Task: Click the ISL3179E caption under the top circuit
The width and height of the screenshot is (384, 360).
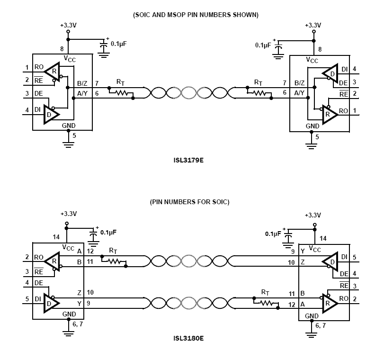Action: coord(188,160)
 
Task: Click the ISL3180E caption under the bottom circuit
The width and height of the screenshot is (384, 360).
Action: coord(188,339)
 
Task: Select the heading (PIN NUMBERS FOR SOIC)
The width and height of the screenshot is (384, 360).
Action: coord(189,202)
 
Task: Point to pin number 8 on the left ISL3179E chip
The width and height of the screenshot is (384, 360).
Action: coord(62,48)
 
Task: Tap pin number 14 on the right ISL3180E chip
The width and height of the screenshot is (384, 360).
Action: coord(324,238)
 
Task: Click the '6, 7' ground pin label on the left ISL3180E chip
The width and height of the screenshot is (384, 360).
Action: coord(77,325)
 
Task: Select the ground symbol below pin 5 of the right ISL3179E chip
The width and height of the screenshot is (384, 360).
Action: coord(311,145)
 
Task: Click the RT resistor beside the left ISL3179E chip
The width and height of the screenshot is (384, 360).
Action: coord(119,93)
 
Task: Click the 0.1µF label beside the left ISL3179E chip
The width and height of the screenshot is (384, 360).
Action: coord(118,43)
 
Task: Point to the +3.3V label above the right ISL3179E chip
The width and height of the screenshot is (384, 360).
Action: coord(313,25)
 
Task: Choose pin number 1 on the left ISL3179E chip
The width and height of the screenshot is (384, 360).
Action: coord(27,67)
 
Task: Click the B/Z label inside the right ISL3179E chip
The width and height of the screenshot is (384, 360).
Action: coord(299,83)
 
